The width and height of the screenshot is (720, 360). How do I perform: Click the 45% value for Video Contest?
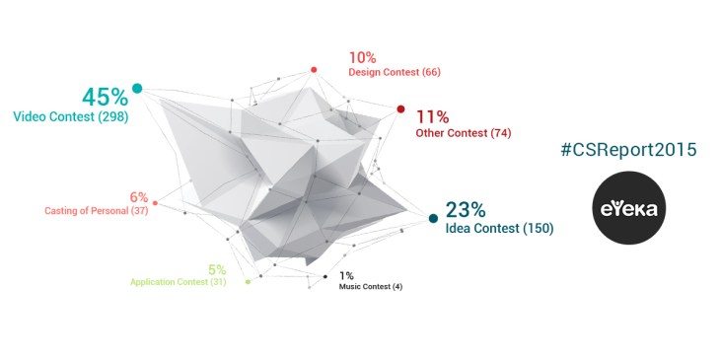[x=106, y=97]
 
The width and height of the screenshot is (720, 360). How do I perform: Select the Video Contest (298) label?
[x=70, y=116]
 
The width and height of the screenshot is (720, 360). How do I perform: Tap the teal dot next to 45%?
[x=137, y=89]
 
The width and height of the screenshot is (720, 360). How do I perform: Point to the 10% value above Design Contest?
[x=363, y=57]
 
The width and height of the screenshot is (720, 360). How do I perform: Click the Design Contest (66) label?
[x=394, y=73]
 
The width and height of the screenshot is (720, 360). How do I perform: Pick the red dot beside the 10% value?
[x=314, y=70]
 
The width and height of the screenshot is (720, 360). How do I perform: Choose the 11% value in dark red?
[x=433, y=116]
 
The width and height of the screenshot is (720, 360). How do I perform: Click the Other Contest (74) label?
[x=463, y=132]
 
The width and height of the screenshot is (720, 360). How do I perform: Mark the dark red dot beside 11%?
[x=400, y=109]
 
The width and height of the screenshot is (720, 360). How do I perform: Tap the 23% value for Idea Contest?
[x=466, y=210]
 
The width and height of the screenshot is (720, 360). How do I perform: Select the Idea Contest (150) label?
[x=499, y=228]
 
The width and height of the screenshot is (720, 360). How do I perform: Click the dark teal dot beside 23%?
[x=432, y=218]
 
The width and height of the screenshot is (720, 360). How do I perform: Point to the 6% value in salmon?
[x=138, y=196]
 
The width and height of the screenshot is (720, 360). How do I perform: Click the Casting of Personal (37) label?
[x=96, y=210]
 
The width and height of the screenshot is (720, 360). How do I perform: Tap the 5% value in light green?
[x=217, y=269]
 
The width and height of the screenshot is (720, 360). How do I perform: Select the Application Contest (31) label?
[x=179, y=282]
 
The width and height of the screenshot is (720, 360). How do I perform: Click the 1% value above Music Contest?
[x=346, y=275]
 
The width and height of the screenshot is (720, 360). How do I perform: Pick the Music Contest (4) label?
[x=370, y=287]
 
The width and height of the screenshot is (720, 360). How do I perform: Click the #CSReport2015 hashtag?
[x=628, y=149]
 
